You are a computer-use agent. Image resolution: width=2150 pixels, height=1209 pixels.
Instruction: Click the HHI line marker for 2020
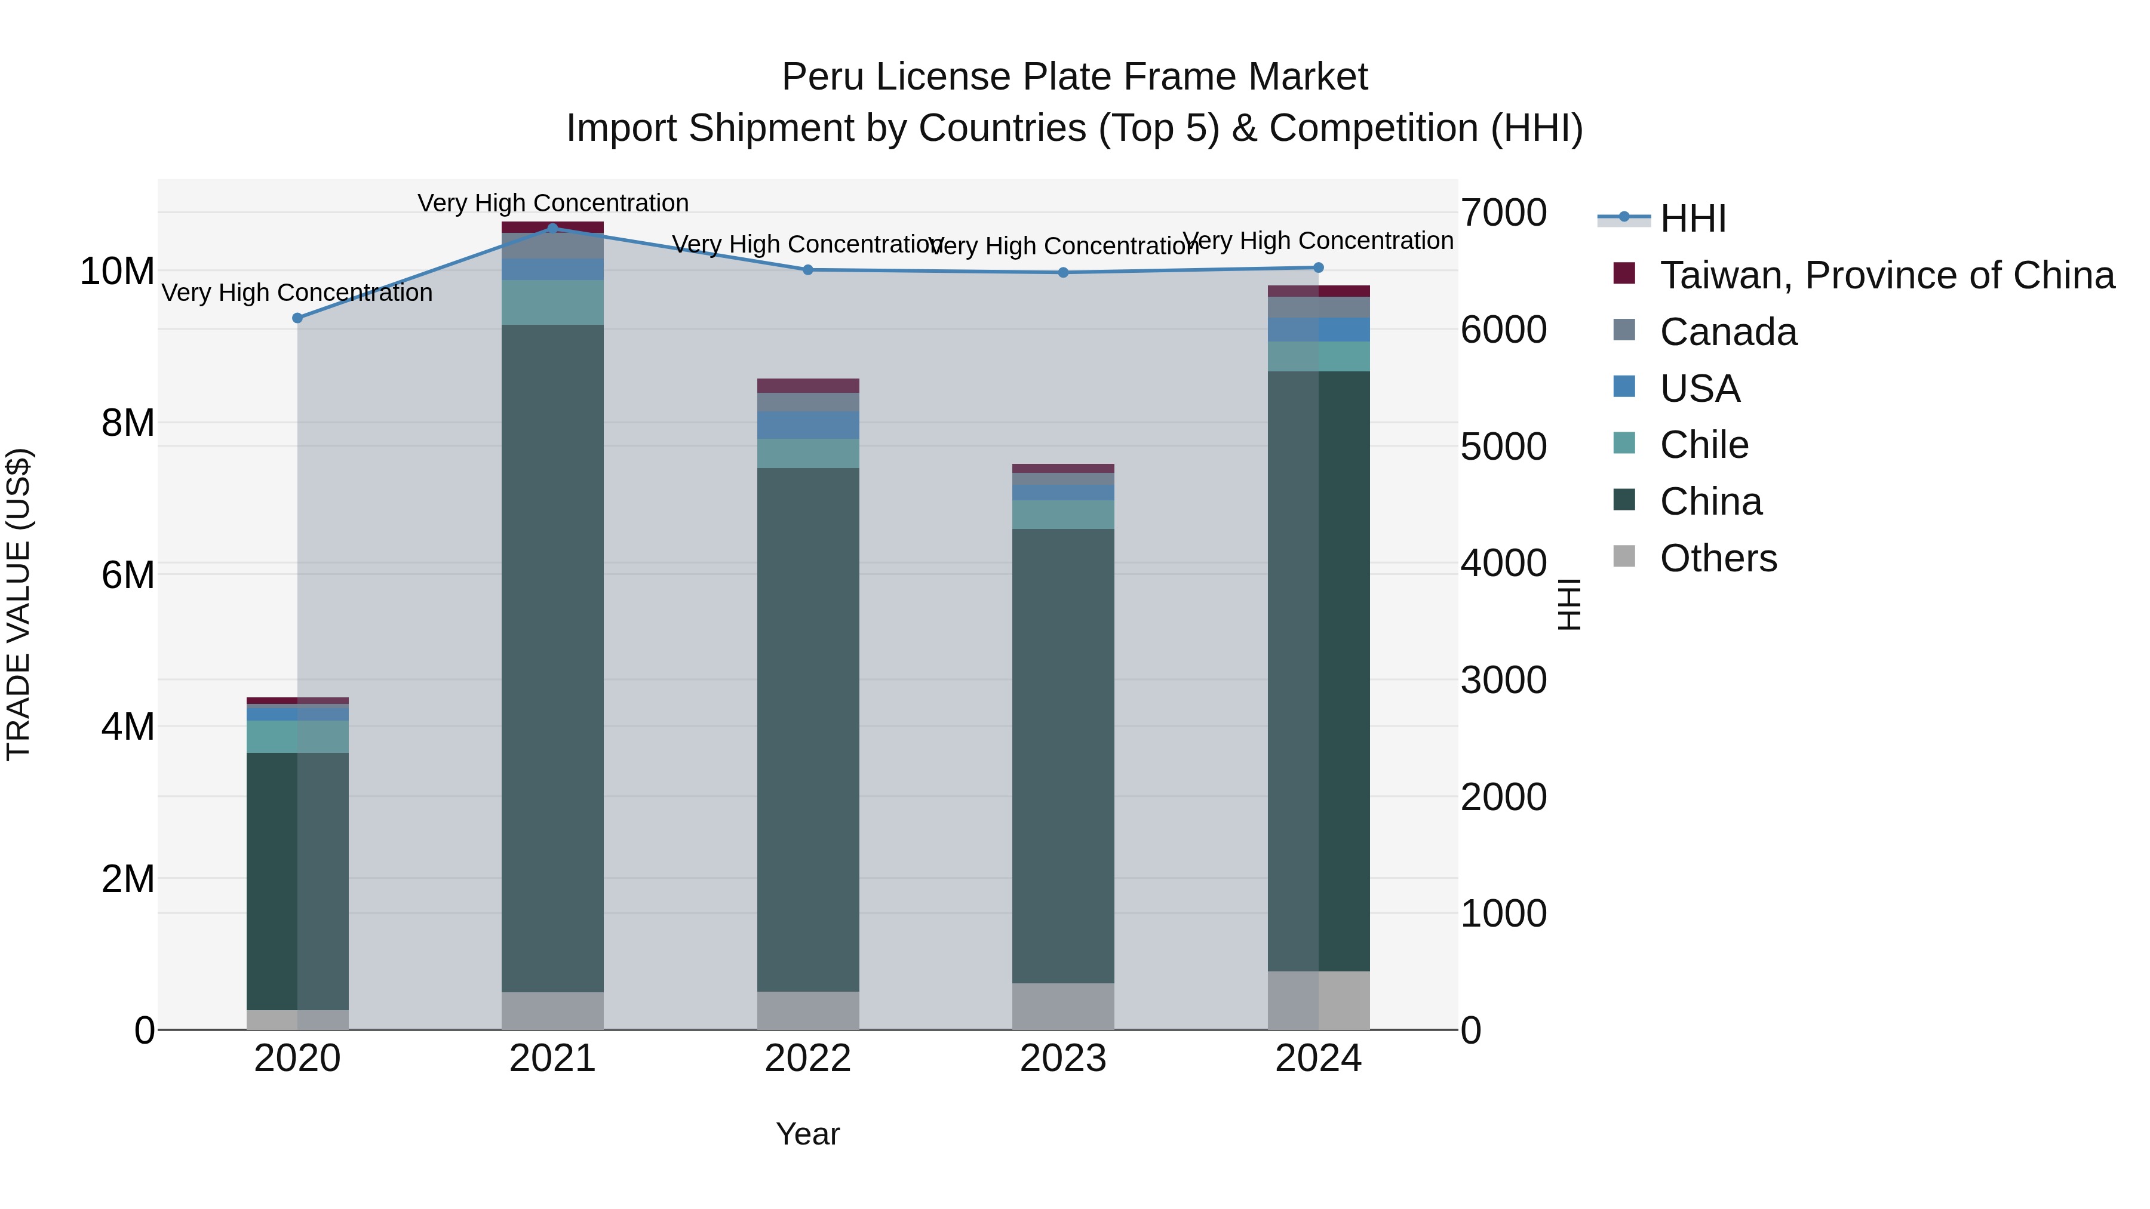(297, 318)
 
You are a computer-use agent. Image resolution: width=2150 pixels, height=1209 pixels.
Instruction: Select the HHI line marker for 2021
(552, 228)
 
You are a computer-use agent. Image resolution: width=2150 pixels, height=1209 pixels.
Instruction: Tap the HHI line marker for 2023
(1063, 272)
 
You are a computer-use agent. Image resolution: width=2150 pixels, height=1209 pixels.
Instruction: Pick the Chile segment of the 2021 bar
(552, 302)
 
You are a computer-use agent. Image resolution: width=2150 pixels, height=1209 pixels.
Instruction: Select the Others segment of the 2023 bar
(1063, 1005)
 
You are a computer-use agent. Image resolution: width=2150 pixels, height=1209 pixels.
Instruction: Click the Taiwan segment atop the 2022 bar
(808, 386)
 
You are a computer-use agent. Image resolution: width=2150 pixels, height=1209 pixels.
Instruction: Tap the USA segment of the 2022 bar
(808, 424)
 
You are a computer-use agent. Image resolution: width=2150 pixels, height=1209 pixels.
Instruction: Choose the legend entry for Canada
(1728, 332)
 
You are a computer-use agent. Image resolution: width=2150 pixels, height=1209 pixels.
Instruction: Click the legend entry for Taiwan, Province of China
(1886, 275)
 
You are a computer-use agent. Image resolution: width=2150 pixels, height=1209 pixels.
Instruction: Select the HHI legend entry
(1693, 219)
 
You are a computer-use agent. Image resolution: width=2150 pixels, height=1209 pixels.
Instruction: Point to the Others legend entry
(1718, 558)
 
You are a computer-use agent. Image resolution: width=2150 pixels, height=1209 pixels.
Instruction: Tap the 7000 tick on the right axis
(1503, 213)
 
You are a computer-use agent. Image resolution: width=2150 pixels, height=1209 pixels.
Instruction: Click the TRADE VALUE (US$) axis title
(19, 604)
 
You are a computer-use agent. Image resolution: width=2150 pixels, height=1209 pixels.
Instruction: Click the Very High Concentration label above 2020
(297, 293)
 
